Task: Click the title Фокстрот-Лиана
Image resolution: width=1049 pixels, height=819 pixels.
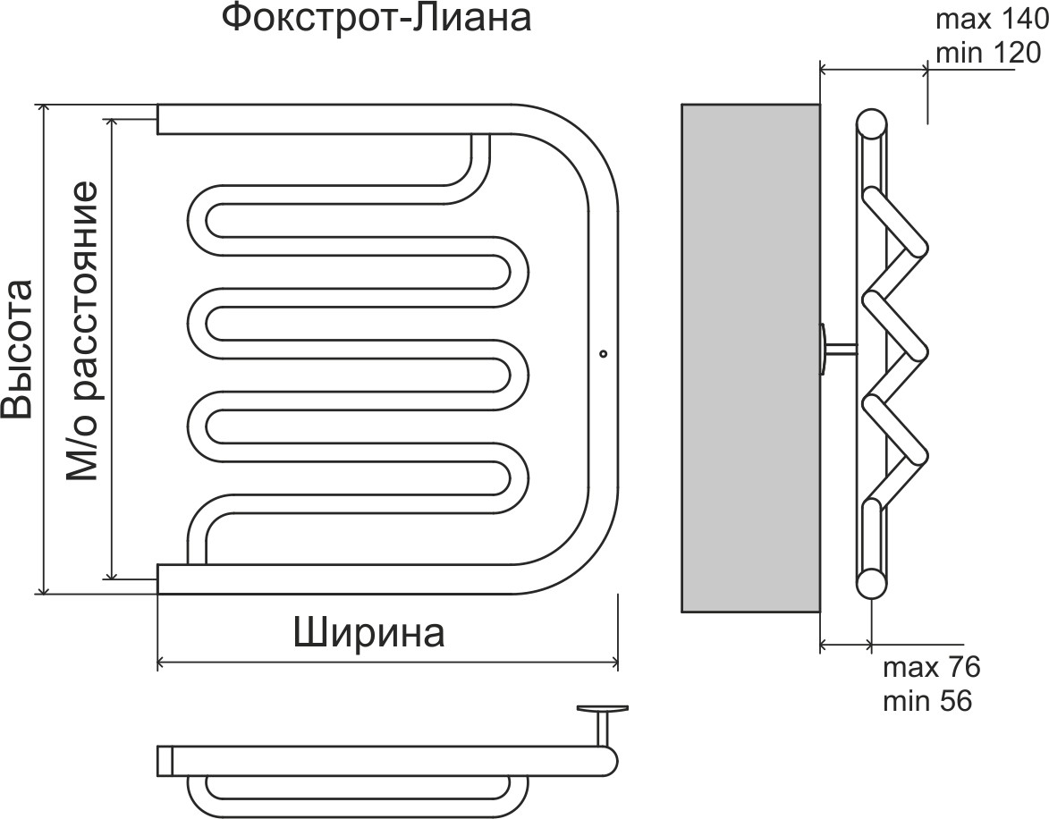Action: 376,20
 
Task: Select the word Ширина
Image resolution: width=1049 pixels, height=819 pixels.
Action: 369,633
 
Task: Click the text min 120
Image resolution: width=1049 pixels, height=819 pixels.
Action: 987,53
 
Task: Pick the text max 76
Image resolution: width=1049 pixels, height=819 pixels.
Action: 931,667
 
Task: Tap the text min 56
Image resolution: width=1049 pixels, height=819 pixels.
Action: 927,700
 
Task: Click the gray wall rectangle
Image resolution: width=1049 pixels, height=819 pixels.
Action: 750,358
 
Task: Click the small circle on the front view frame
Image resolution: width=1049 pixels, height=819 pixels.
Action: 603,353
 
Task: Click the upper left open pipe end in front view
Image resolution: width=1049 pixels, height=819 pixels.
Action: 161,119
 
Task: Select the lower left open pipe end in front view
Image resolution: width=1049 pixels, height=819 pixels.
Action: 161,578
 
